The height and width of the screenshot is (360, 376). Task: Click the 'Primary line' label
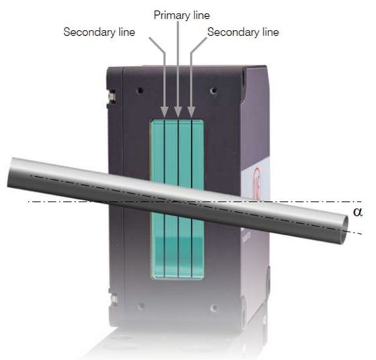(x=181, y=15)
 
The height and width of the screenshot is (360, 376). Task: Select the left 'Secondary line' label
(x=99, y=32)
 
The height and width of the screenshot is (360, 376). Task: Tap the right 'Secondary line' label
(x=243, y=32)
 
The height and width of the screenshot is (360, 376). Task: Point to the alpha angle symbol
(x=358, y=212)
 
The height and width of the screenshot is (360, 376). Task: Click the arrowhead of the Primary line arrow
(x=178, y=112)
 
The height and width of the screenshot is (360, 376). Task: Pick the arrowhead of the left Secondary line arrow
(x=164, y=112)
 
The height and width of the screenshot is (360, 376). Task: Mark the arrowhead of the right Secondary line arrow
(x=191, y=112)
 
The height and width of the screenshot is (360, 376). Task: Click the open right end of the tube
(x=344, y=230)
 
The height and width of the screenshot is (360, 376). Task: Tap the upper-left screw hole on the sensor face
(x=140, y=91)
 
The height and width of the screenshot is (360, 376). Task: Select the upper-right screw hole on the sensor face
(x=213, y=91)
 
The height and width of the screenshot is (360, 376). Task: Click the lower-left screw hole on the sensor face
(x=142, y=307)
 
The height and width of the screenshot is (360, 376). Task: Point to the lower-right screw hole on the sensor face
(x=214, y=308)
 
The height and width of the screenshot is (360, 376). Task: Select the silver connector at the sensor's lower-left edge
(x=112, y=299)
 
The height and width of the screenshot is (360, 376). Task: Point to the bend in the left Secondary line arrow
(x=164, y=52)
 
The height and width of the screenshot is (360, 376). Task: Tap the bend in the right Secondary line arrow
(x=192, y=53)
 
